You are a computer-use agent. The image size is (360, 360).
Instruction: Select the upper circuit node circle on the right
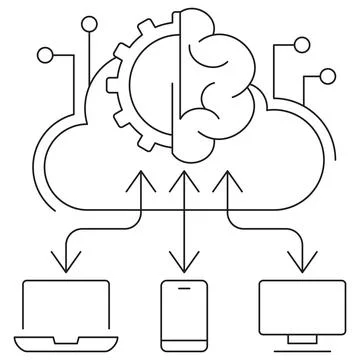[301, 44]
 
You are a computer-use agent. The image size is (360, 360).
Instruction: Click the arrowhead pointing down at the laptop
[66, 266]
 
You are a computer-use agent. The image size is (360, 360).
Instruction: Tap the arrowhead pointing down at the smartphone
[180, 266]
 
